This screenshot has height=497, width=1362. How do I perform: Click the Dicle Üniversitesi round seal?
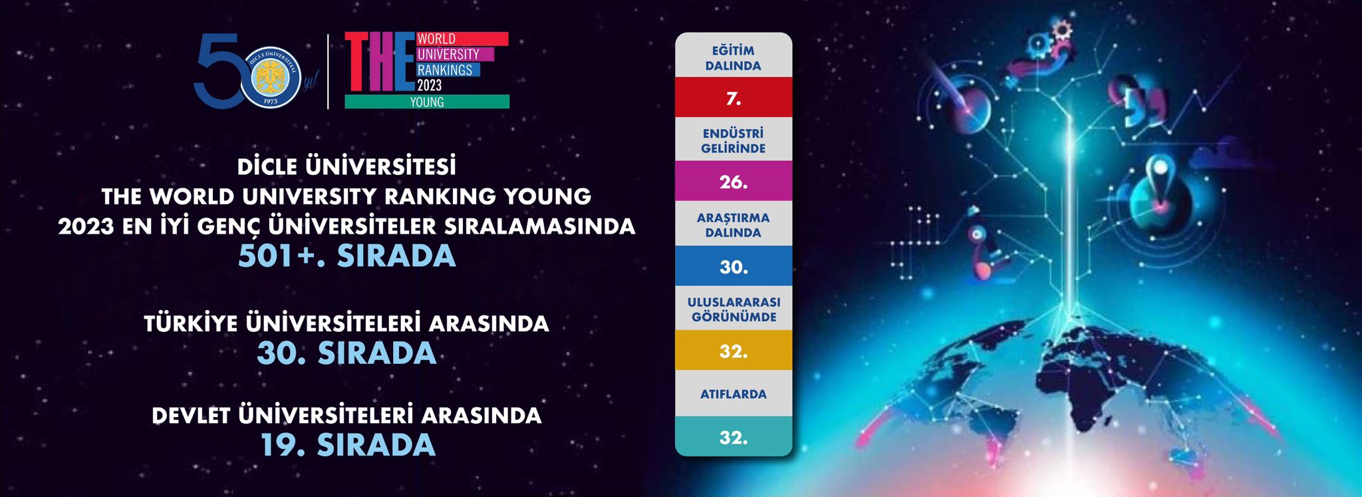tap(271, 78)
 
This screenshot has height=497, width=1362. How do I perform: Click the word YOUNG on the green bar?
tap(427, 102)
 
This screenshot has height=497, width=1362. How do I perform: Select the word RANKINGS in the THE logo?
tap(444, 70)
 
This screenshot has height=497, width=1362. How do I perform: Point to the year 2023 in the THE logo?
tap(430, 85)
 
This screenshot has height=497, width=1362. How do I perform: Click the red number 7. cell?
tap(734, 97)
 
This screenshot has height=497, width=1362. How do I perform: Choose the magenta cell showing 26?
tap(734, 181)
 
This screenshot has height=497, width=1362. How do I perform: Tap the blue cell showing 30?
tap(734, 266)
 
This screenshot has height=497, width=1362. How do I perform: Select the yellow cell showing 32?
tap(734, 350)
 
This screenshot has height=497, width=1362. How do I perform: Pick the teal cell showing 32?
tap(734, 436)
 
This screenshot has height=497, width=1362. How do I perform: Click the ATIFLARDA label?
tap(734, 394)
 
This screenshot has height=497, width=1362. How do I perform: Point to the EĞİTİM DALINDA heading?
tap(734, 58)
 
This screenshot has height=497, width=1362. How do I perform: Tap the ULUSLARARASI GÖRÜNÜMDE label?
tap(734, 309)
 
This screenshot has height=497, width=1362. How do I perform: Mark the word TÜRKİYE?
tap(191, 323)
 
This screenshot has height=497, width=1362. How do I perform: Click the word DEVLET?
tap(191, 416)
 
